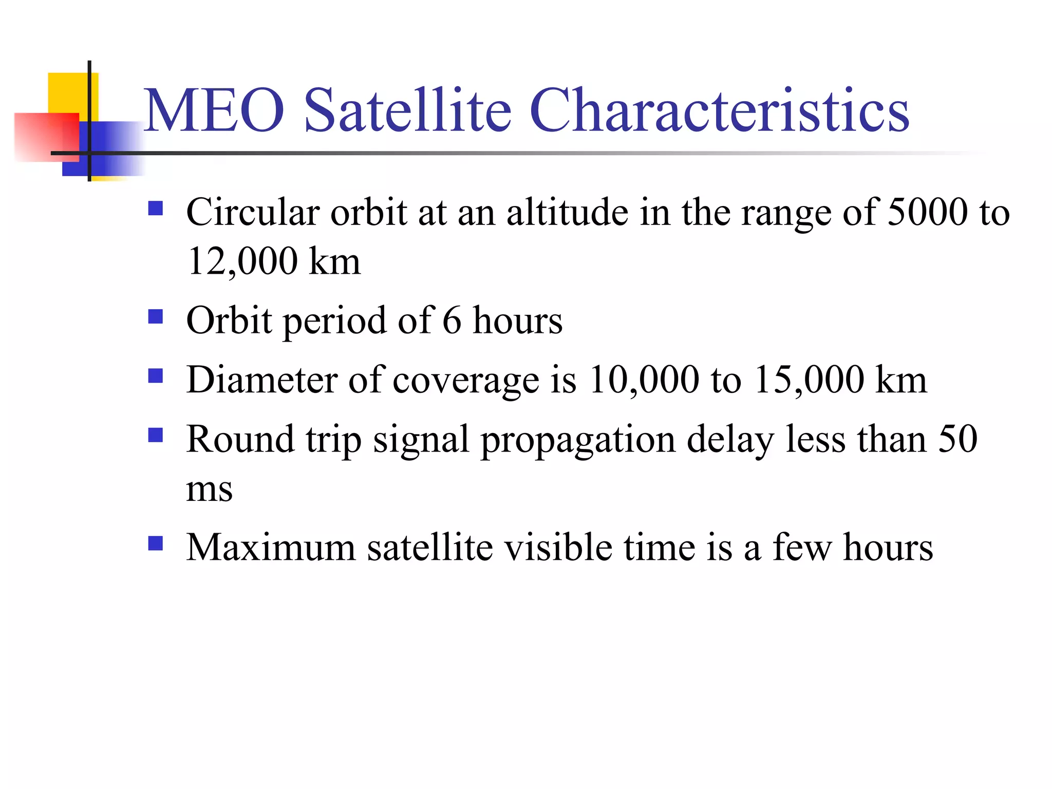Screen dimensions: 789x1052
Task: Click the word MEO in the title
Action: pos(214,110)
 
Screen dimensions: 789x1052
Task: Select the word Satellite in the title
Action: pos(408,110)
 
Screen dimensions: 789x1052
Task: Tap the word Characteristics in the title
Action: pos(719,110)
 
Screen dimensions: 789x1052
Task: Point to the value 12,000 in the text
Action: pos(242,261)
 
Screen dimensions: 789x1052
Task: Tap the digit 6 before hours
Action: pos(452,321)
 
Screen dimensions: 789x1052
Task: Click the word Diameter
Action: pos(261,380)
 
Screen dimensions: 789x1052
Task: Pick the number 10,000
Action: pos(644,380)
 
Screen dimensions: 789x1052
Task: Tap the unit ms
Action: pos(209,489)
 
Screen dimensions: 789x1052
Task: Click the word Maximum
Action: pos(271,548)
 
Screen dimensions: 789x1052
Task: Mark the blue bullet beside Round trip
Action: pos(155,436)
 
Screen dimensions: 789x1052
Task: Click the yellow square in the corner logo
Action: pos(67,92)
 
